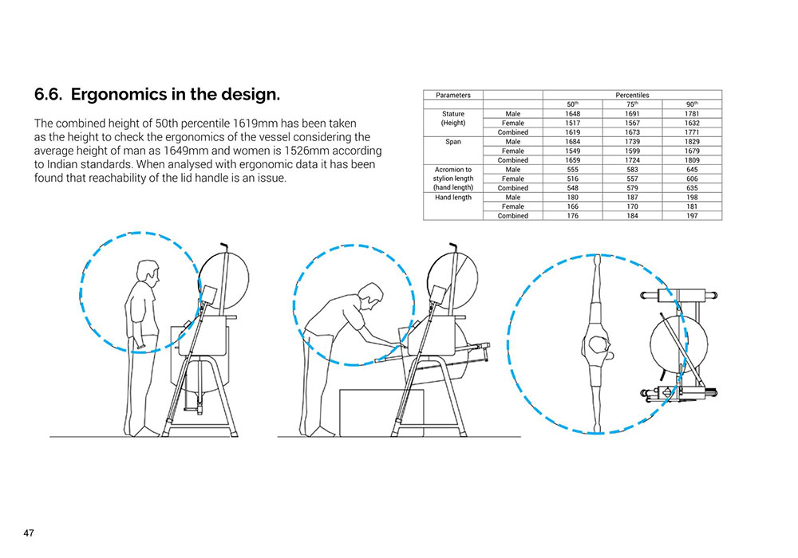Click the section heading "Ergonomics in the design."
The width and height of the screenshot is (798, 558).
point(176,95)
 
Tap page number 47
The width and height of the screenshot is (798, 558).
point(29,532)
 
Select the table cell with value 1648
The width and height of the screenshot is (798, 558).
point(572,114)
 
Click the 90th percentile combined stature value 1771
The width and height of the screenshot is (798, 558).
point(692,132)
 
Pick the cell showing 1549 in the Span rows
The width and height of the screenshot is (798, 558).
point(572,151)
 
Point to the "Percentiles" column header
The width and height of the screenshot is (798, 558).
point(632,95)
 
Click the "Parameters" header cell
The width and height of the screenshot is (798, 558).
point(453,95)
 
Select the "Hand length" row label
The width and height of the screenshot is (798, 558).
point(453,197)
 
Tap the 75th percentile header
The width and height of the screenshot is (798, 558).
point(632,104)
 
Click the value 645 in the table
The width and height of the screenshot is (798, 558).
point(692,169)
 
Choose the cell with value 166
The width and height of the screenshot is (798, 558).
point(572,206)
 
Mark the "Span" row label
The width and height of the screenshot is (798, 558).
point(453,141)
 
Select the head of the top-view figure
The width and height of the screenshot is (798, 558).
point(598,345)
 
